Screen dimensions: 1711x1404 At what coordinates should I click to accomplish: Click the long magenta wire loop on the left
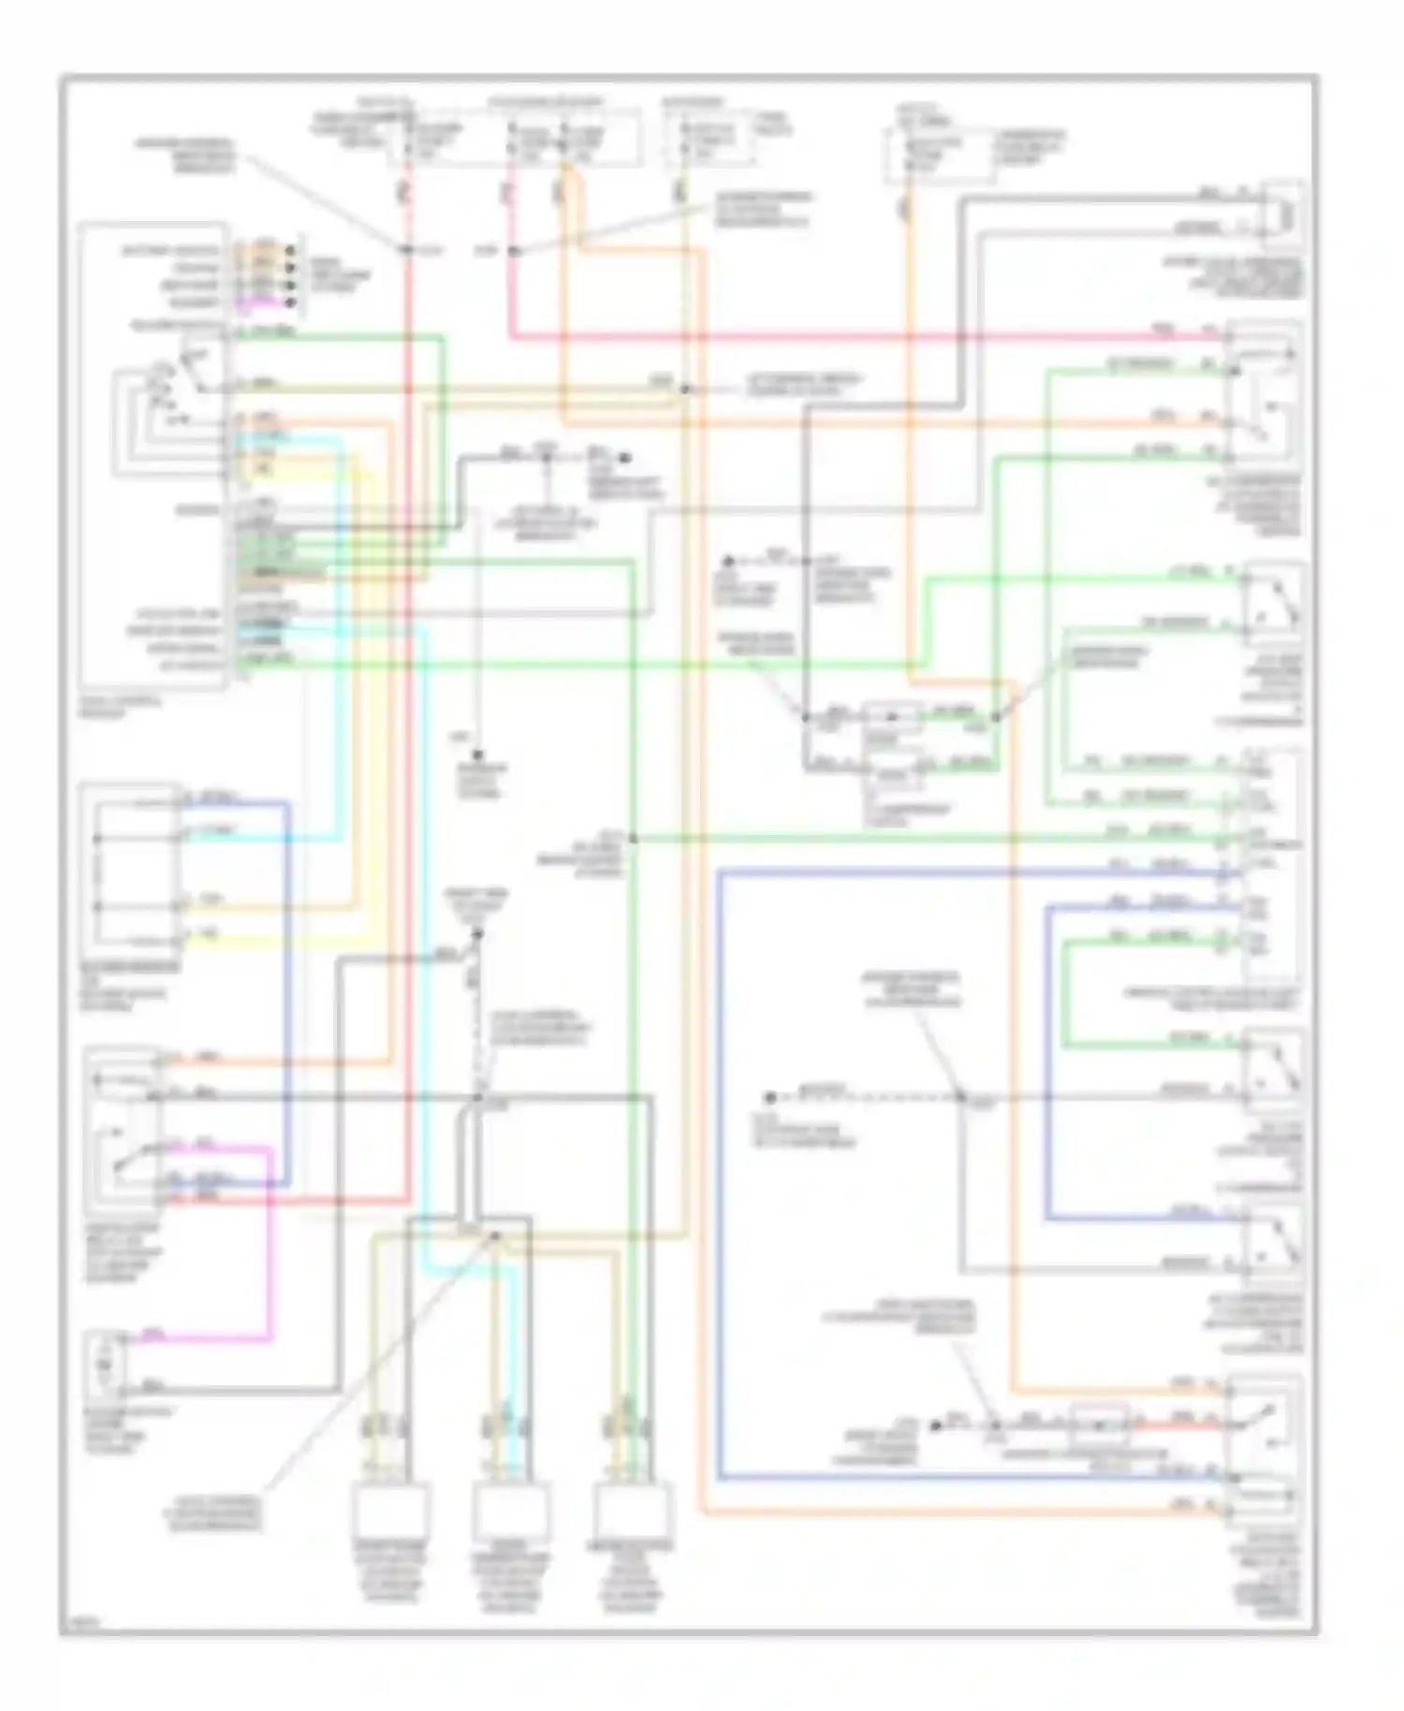[271, 1245]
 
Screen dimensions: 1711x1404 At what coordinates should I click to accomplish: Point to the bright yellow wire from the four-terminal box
[281, 941]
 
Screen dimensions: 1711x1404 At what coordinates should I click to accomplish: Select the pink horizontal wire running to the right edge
[842, 336]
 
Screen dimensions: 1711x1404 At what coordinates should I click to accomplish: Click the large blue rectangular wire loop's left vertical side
[719, 1170]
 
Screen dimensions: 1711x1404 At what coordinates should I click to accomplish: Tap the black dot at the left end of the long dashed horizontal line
[769, 1097]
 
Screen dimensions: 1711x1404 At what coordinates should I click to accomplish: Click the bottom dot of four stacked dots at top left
[291, 303]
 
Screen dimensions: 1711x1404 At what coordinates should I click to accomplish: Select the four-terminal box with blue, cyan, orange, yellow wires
[131, 866]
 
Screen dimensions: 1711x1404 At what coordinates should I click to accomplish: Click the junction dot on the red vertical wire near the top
[407, 250]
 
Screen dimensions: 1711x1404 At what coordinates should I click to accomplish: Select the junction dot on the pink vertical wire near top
[512, 251]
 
